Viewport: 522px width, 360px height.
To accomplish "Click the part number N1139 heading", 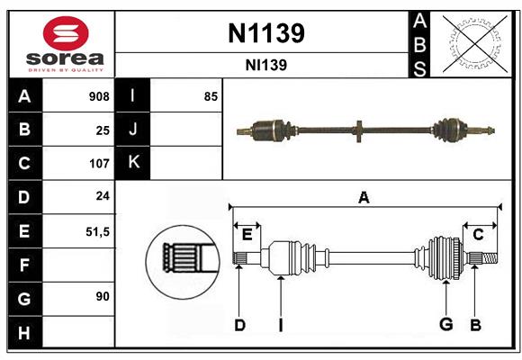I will click(265, 33).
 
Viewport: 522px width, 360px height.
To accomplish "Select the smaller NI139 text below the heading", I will click(265, 65).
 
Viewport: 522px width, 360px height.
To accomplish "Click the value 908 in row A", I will click(99, 96).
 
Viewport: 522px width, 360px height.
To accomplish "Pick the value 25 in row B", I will click(103, 130).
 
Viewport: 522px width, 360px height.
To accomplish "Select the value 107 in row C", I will click(99, 164).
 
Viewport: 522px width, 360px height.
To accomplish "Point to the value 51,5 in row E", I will click(97, 231).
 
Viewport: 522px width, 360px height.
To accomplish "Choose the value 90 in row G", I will click(103, 297).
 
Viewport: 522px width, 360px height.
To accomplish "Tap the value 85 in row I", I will click(211, 96).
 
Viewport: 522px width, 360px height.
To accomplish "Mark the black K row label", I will click(133, 164).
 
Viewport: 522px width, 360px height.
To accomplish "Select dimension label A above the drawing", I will click(364, 198).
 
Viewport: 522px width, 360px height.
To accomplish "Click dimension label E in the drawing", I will click(247, 234).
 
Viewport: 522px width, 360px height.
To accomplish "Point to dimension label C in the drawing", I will click(479, 234).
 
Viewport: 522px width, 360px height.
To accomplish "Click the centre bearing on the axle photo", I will click(357, 130).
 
